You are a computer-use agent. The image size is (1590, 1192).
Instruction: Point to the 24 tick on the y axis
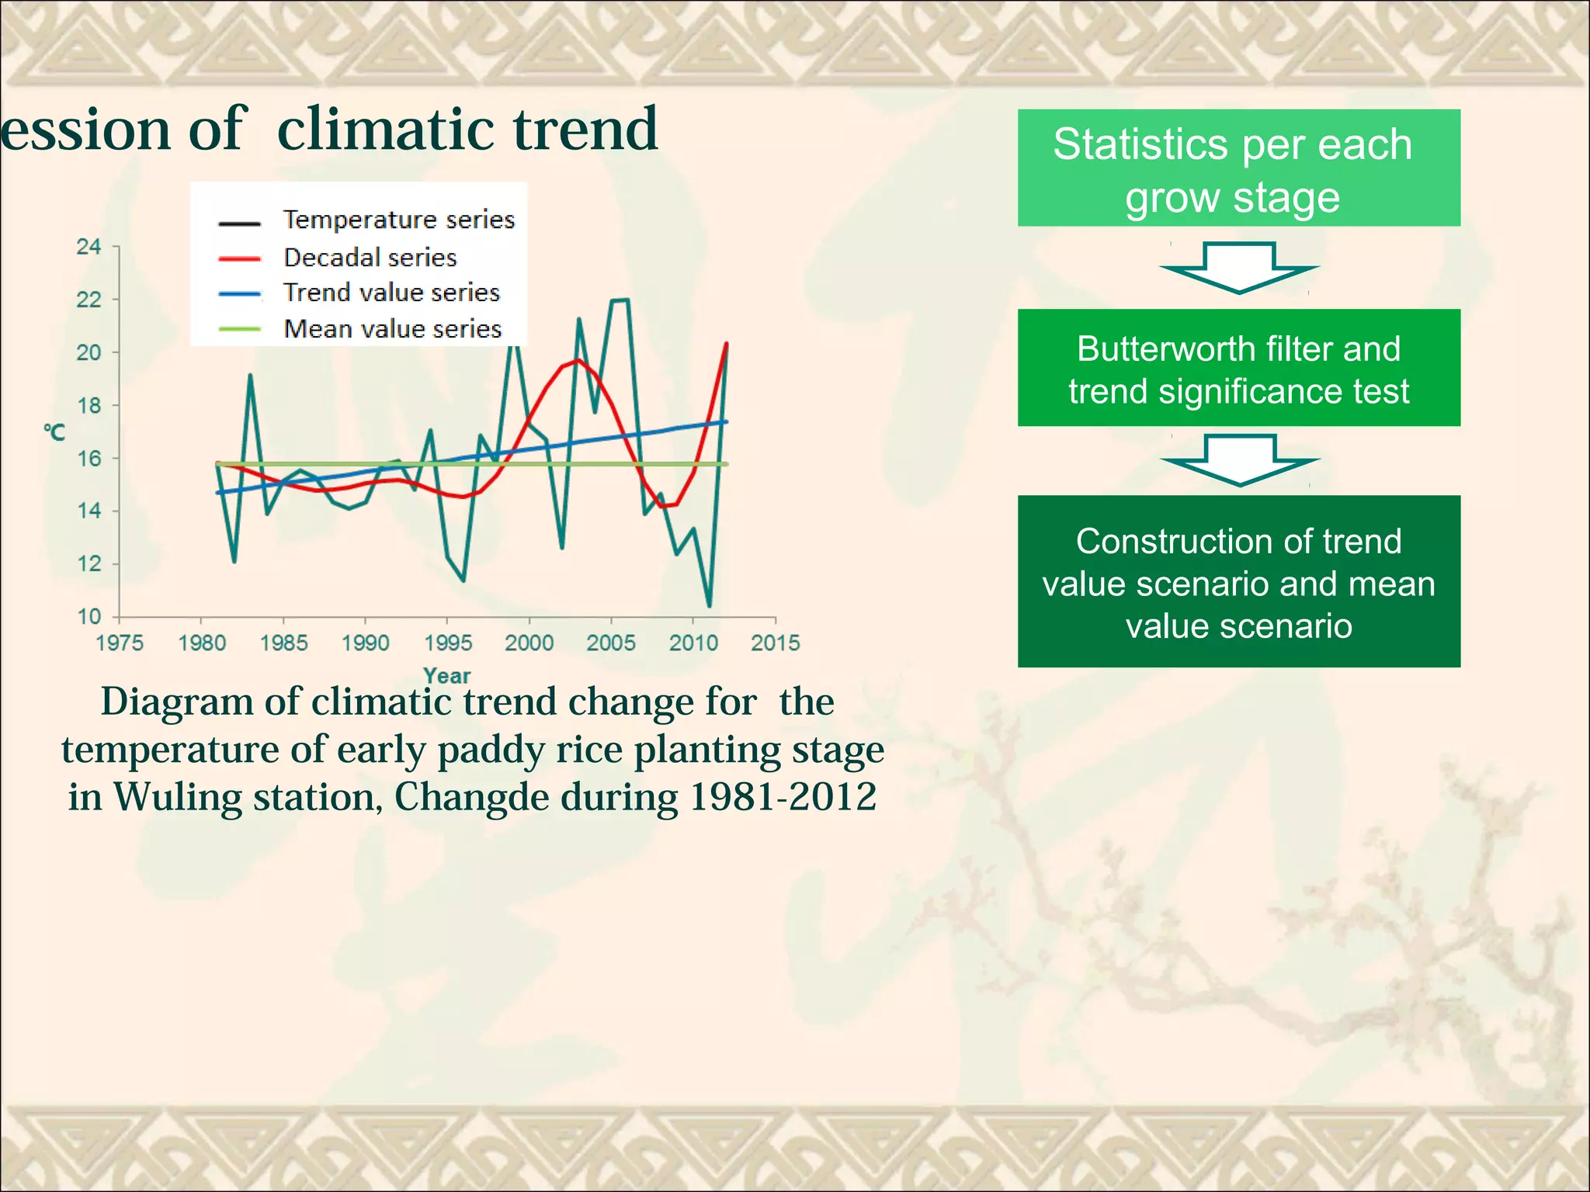click(x=89, y=247)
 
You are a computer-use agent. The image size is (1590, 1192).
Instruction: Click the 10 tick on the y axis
click(x=89, y=617)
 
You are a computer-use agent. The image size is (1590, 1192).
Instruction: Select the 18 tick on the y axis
click(x=89, y=405)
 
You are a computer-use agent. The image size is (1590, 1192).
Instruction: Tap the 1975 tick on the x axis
click(x=120, y=643)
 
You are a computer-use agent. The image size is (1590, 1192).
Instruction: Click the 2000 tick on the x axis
click(x=529, y=643)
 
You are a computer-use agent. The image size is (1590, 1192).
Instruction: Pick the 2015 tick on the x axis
click(x=775, y=643)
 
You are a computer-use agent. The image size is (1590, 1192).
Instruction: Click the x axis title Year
click(x=446, y=676)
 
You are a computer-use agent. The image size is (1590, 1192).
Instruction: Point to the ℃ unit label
click(x=54, y=432)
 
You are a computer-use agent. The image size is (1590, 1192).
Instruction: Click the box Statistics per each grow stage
click(x=1238, y=168)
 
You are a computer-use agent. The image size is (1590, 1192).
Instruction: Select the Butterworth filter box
click(x=1238, y=369)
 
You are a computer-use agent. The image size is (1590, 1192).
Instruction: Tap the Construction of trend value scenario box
click(x=1238, y=582)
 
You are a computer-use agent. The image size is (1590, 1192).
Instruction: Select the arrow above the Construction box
click(x=1240, y=460)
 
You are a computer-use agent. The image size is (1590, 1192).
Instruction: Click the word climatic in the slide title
click(x=380, y=130)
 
